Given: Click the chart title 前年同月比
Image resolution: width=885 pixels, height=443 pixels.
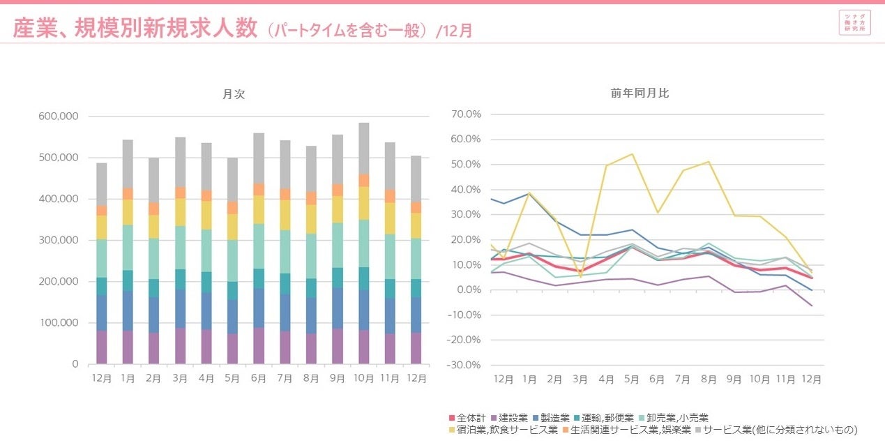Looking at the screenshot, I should pyautogui.click(x=639, y=93).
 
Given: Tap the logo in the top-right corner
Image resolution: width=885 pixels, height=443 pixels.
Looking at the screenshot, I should pyautogui.click(x=855, y=23).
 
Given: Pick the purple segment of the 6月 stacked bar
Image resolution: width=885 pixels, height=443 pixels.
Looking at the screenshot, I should pyautogui.click(x=259, y=346).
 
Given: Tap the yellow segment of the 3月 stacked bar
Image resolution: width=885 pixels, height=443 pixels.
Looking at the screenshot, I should pyautogui.click(x=180, y=212).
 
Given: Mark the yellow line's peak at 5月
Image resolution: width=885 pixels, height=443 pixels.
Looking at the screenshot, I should pyautogui.click(x=632, y=154).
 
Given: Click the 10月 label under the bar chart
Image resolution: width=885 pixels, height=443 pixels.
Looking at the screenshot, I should pyautogui.click(x=363, y=378).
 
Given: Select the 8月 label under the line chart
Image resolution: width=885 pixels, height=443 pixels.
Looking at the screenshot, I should pyautogui.click(x=709, y=380).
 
